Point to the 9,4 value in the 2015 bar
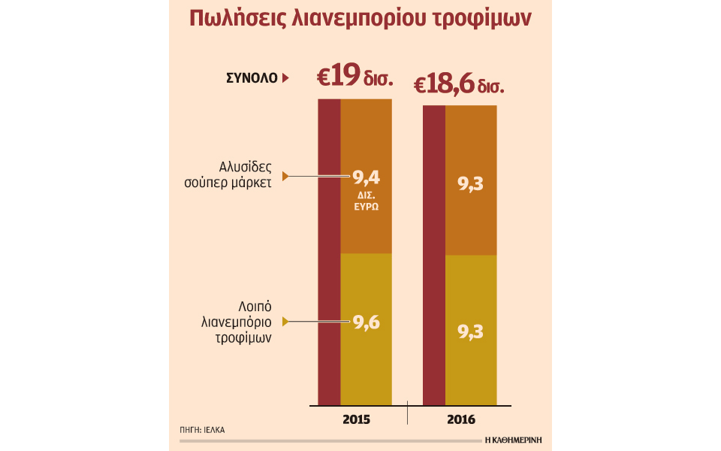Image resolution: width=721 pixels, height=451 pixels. tap(367, 178)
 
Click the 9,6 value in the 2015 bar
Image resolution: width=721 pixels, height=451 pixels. tap(367, 323)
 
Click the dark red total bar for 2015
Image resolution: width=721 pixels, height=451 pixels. tap(329, 252)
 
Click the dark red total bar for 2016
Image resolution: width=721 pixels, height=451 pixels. tap(434, 256)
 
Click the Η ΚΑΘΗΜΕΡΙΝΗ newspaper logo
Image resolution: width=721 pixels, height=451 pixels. tap(514, 439)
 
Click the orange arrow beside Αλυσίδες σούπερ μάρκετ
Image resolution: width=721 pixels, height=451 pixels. tap(285, 177)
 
